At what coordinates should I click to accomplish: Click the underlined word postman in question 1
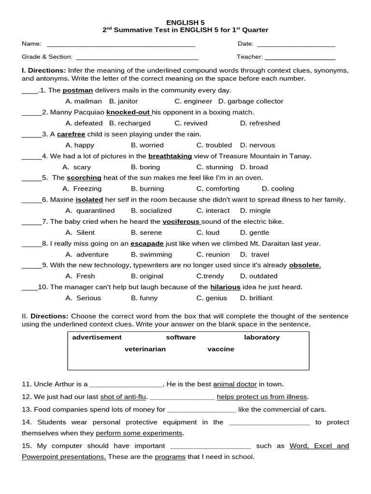pyautogui.click(x=77, y=90)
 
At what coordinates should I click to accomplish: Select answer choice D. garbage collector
pyautogui.click(x=251, y=101)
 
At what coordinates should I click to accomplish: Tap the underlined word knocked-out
pyautogui.click(x=128, y=112)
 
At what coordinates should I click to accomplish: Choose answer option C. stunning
pyautogui.click(x=214, y=167)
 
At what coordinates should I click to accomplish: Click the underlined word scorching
pyautogui.click(x=84, y=178)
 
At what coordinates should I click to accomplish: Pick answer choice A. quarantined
pyautogui.click(x=90, y=210)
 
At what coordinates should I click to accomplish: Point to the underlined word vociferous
pyautogui.click(x=181, y=221)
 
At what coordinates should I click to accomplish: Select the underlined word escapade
pyautogui.click(x=147, y=243)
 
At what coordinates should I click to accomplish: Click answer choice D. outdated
pyautogui.click(x=258, y=276)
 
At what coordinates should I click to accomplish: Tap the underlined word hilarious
pyautogui.click(x=225, y=287)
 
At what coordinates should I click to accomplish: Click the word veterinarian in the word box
pyautogui.click(x=145, y=349)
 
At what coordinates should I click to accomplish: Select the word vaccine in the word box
pyautogui.click(x=221, y=349)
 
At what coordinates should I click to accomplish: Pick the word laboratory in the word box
pyautogui.click(x=262, y=337)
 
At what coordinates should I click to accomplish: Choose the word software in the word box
pyautogui.click(x=181, y=337)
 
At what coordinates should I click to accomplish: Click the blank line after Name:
pyautogui.click(x=121, y=45)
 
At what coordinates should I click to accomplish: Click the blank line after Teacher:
pyautogui.click(x=300, y=57)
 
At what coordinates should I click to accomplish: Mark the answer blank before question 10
pyautogui.click(x=29, y=288)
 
